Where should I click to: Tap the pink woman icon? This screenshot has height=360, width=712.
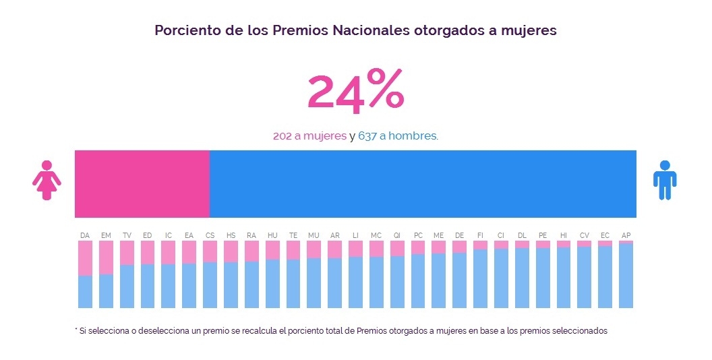[x=47, y=180]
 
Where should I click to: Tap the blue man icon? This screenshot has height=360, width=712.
[x=664, y=180]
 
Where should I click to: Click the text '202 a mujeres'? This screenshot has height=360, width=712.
[x=309, y=136]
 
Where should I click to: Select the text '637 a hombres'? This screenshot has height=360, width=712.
[x=397, y=136]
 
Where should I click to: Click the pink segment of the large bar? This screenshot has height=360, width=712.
[x=142, y=183]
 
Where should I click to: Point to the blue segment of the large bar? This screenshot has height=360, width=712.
[x=423, y=183]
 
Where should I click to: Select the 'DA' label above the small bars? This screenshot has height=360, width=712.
[x=85, y=235]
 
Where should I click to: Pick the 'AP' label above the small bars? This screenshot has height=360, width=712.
[x=626, y=235]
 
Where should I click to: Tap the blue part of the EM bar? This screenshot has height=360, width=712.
[x=106, y=291]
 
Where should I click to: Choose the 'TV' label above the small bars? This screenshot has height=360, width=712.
[x=127, y=235]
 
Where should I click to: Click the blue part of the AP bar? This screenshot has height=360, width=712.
[x=626, y=276]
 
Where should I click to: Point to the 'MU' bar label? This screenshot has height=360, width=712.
[x=314, y=235]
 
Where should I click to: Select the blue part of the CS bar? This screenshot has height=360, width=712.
[x=210, y=285]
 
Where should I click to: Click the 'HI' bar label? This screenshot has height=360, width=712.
[x=563, y=235]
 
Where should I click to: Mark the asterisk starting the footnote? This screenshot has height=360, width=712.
[x=76, y=330]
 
